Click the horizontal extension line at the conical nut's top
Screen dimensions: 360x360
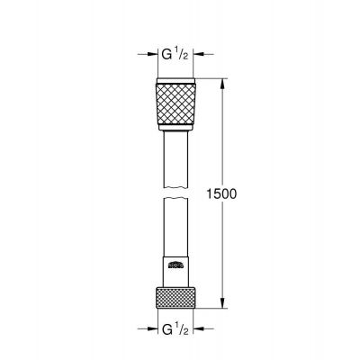[207, 80]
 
